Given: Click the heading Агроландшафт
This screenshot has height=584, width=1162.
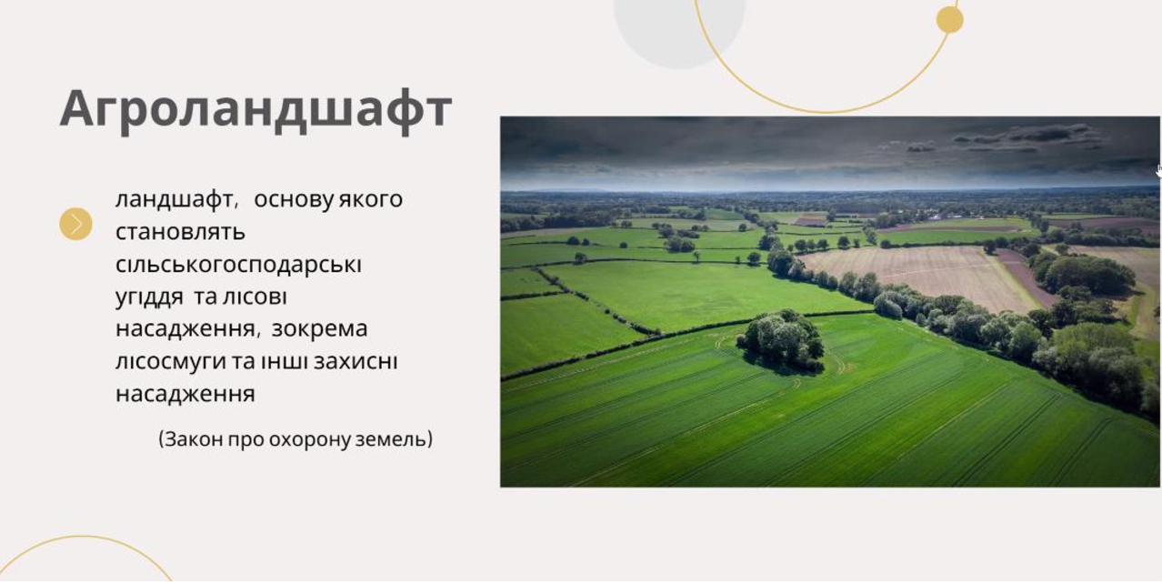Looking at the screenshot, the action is (255, 109).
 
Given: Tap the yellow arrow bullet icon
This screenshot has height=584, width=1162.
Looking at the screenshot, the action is (75, 225).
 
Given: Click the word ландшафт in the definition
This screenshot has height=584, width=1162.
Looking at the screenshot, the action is (176, 200).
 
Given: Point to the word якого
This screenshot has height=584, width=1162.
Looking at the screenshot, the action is (370, 200).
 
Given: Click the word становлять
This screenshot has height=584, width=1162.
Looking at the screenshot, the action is (180, 232).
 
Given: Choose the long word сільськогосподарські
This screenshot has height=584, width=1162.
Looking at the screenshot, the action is (238, 265).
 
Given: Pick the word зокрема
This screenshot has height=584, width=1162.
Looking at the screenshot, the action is (319, 329).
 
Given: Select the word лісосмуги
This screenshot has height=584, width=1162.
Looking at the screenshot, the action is (171, 362).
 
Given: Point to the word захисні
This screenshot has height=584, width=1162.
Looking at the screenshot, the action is (356, 361).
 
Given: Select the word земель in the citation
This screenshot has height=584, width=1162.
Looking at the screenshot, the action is (393, 439).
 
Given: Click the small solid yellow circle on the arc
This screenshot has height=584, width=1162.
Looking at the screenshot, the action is (950, 20).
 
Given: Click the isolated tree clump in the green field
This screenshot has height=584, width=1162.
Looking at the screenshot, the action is (781, 340).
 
